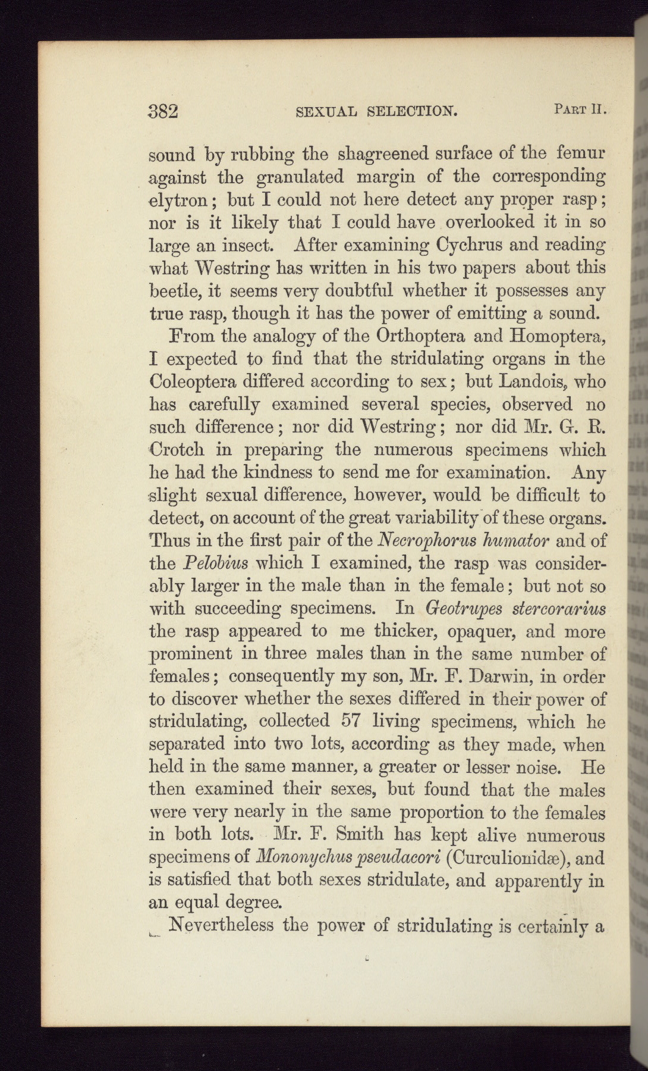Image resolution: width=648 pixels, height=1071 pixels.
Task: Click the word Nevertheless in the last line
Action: tap(221, 925)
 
